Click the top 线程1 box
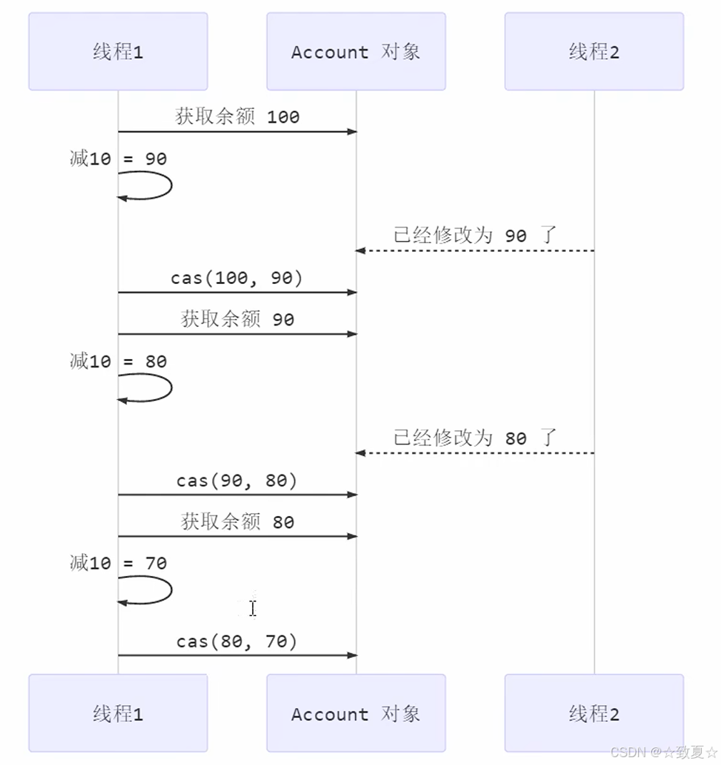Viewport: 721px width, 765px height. [118, 51]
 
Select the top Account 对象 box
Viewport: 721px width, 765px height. [356, 51]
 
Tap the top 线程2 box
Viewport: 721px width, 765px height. [593, 51]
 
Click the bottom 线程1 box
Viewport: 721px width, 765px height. [118, 713]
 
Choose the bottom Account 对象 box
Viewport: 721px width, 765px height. [356, 713]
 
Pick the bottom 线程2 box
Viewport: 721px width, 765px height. [593, 713]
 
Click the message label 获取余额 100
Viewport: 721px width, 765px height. [237, 116]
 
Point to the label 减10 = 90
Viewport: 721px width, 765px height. [118, 158]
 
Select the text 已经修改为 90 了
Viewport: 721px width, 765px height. [475, 235]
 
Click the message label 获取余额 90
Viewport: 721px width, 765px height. [237, 319]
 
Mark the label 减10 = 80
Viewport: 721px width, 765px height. [118, 361]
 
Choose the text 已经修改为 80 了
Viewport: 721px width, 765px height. [475, 437]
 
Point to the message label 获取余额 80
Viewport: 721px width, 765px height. [237, 522]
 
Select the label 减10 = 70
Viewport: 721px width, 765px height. [118, 563]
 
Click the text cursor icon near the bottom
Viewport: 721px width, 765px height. [252, 608]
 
